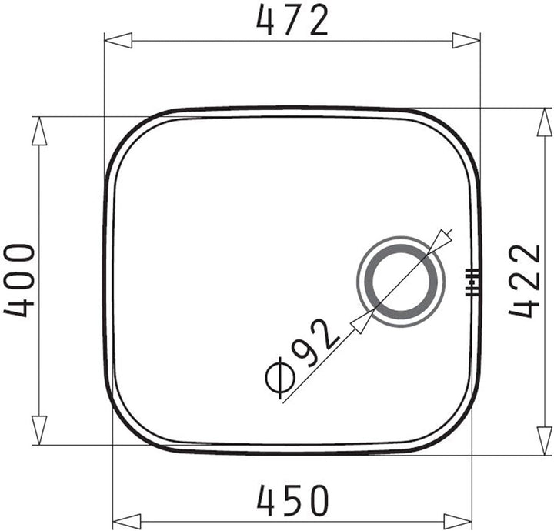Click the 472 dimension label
(x=292, y=21)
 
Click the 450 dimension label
(x=293, y=501)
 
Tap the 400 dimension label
(x=19, y=281)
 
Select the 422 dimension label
(x=525, y=281)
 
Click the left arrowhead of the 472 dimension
(x=118, y=41)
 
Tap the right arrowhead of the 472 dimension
(x=466, y=41)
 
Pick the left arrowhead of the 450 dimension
(x=126, y=522)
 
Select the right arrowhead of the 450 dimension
(x=458, y=522)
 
